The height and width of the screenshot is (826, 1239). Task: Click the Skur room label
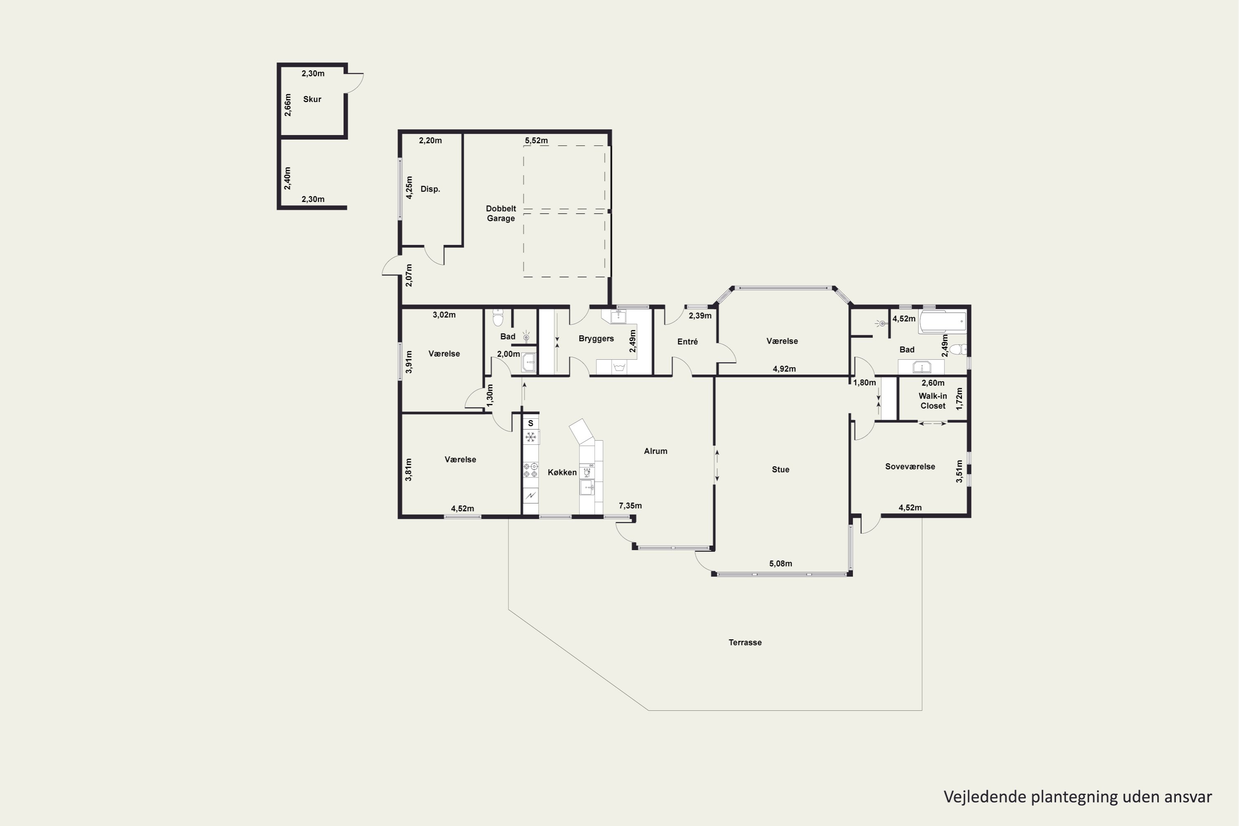click(312, 99)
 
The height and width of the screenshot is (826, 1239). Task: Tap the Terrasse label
click(745, 642)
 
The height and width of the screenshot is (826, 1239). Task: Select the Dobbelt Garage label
click(501, 214)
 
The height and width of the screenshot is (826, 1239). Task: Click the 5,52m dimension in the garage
click(536, 141)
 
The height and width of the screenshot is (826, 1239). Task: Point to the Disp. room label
click(430, 189)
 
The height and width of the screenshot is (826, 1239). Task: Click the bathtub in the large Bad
click(942, 322)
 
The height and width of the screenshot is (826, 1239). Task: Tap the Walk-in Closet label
click(933, 401)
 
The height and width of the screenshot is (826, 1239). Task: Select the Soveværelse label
click(910, 467)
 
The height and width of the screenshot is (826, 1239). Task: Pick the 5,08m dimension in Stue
click(780, 564)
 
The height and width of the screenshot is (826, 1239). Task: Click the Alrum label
click(655, 451)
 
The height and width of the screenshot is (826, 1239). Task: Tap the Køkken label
click(562, 472)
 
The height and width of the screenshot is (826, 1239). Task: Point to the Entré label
click(688, 342)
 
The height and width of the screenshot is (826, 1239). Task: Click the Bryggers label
click(596, 339)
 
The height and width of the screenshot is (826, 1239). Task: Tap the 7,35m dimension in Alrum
click(630, 506)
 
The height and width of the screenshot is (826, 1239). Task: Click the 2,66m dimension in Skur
click(287, 105)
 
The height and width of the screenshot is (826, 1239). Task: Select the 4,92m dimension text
click(784, 369)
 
